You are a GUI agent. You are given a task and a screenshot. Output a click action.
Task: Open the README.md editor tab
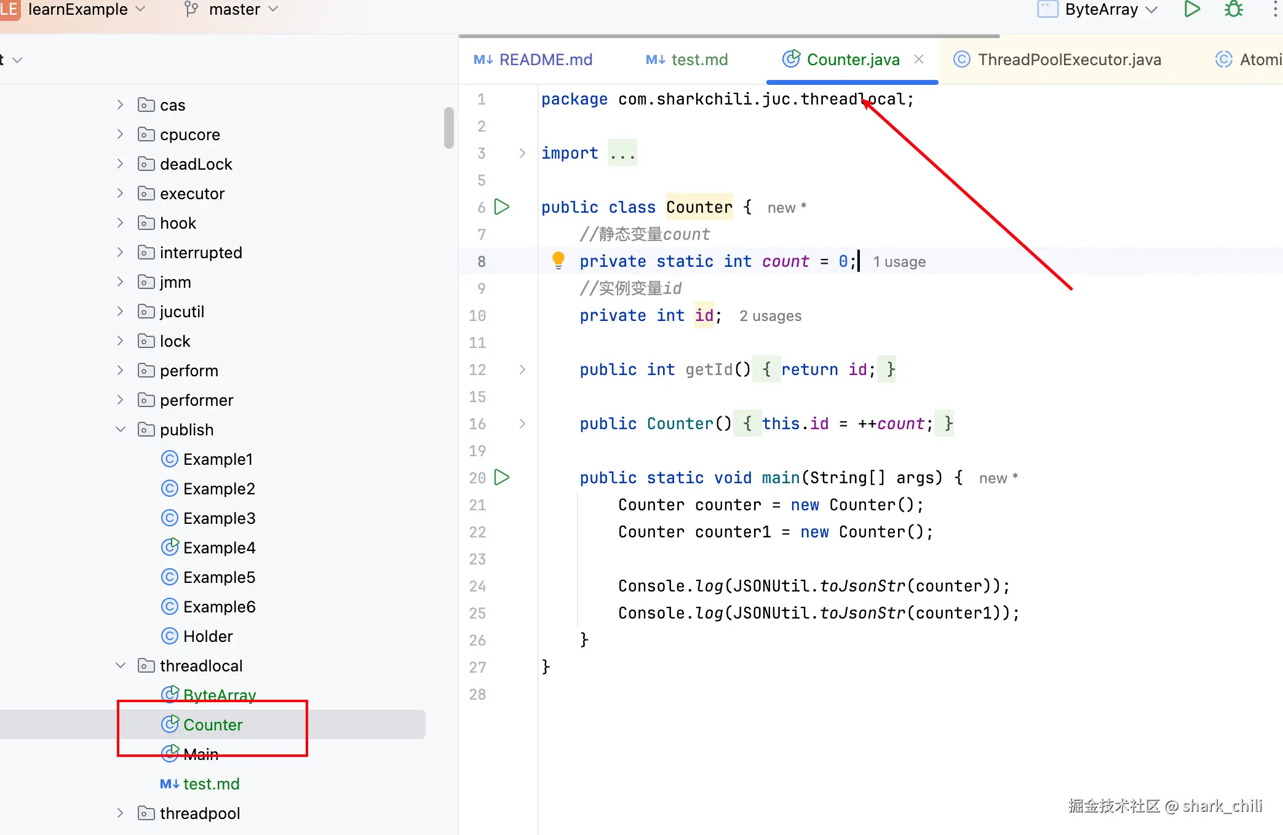point(533,60)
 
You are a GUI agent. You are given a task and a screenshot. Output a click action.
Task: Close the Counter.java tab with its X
point(919,59)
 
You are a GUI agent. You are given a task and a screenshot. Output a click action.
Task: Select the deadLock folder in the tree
point(196,164)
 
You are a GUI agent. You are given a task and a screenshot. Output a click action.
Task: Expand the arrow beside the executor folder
point(121,194)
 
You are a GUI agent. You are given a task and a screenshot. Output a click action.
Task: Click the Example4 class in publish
point(219,548)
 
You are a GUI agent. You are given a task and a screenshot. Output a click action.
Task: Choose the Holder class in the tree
point(208,636)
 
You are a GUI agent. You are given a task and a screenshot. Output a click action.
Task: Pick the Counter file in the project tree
point(213,725)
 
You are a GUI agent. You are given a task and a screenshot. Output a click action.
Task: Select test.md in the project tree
point(211,784)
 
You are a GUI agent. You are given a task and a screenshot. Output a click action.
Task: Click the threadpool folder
point(199,813)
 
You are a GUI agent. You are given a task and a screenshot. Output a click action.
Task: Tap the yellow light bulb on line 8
point(558,261)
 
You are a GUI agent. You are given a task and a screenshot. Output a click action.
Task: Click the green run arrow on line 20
point(502,477)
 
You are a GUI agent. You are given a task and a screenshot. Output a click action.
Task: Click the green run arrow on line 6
point(502,207)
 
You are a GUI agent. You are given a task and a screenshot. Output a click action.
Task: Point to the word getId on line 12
point(709,370)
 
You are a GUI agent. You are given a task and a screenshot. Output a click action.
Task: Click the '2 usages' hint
point(770,316)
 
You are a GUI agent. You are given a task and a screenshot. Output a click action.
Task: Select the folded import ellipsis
point(622,153)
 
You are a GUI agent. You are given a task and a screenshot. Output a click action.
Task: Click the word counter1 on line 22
point(733,532)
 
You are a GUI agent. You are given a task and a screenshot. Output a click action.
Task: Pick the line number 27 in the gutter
point(477,667)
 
